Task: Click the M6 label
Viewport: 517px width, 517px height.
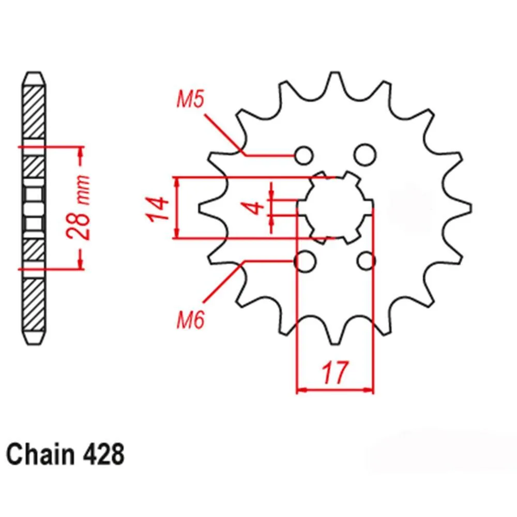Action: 191,319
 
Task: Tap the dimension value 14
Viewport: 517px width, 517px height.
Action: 157,209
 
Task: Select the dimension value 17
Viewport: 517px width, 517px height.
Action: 334,372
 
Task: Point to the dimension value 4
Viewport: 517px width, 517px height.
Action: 253,208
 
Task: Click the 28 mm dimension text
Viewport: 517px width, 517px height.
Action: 79,207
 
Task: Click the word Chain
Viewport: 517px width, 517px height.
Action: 40,454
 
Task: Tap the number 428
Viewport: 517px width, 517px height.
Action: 103,454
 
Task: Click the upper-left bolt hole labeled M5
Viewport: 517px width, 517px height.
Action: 304,155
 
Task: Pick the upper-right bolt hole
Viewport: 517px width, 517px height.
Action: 366,154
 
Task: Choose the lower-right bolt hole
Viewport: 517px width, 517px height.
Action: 366,261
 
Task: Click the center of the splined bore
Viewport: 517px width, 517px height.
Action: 335,208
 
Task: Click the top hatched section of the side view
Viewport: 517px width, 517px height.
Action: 34,112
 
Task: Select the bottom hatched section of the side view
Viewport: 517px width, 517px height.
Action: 34,305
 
